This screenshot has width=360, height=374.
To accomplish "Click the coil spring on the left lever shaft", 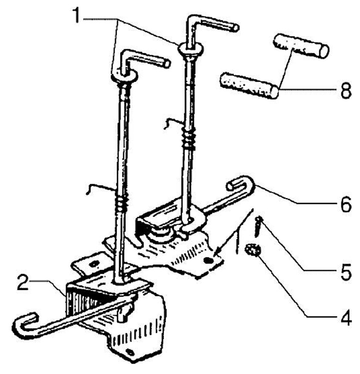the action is click(121, 202).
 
